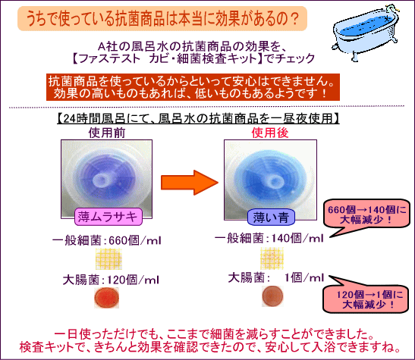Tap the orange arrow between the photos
(x=190, y=183)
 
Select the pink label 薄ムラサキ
(x=108, y=217)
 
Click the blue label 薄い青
(x=271, y=218)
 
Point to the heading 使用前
(x=107, y=133)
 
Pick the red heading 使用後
(x=270, y=133)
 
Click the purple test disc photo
(x=107, y=179)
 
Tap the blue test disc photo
(x=271, y=180)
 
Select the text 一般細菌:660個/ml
(x=107, y=240)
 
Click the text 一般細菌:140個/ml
(x=269, y=239)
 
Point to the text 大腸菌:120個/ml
(x=111, y=280)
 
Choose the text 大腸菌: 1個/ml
(x=276, y=277)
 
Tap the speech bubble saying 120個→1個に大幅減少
(x=366, y=299)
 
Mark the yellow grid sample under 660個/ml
(x=108, y=258)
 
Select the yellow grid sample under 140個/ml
(x=272, y=258)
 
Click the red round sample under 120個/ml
(x=106, y=298)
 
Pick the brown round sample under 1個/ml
(x=272, y=296)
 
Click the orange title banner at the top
(x=162, y=18)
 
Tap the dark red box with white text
(x=193, y=87)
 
